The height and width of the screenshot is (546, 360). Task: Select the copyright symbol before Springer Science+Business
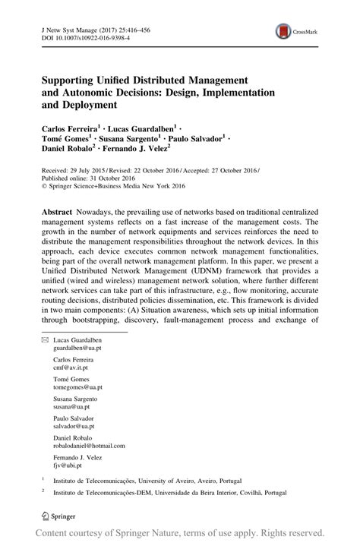pos(44,183)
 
